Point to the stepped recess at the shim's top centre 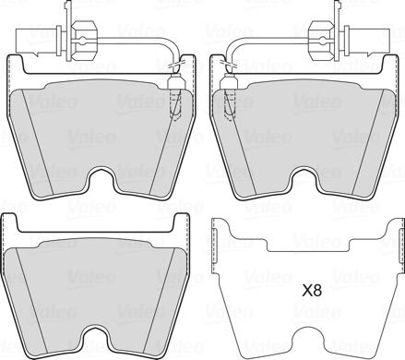[304, 245]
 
